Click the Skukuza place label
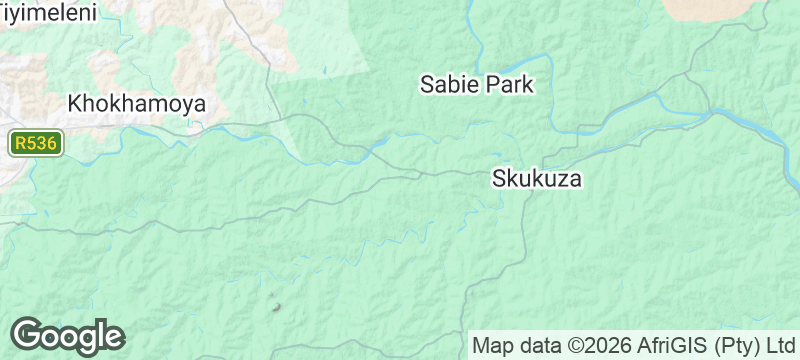(536, 180)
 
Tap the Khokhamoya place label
(136, 103)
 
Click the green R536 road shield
(37, 144)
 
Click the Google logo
(67, 335)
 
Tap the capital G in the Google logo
(27, 334)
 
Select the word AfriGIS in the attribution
(675, 346)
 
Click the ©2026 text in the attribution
(603, 346)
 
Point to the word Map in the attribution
(492, 346)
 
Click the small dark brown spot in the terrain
(277, 306)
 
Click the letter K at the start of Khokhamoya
(74, 103)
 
